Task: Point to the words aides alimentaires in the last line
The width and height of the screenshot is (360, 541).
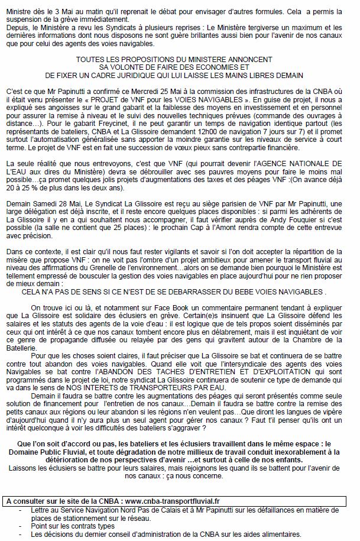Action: point(277,533)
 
